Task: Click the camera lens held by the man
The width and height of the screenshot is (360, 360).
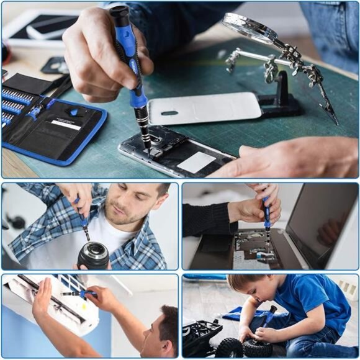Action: [x=93, y=255]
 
